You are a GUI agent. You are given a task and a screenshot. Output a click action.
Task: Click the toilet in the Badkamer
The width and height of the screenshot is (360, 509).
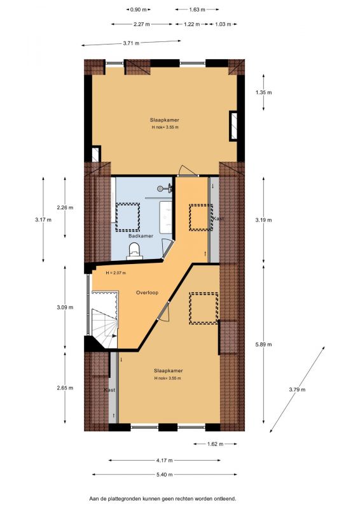[134, 251]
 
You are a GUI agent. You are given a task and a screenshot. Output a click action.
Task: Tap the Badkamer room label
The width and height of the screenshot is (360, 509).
[141, 236]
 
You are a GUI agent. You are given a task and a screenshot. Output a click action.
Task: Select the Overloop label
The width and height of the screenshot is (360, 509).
[147, 293]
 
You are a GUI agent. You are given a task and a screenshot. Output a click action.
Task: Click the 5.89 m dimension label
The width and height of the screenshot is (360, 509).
[263, 344]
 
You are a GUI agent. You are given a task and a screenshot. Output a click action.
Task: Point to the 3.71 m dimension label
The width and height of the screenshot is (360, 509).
[131, 43]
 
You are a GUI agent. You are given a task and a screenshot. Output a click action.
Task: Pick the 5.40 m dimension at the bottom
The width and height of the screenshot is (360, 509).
[164, 475]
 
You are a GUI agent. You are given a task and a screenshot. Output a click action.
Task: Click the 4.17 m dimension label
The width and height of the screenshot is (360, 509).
[164, 460]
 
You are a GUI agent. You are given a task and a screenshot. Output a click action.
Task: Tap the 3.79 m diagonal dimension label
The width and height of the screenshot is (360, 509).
[297, 389]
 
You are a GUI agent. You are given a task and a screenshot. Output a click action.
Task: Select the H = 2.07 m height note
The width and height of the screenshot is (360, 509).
[116, 273]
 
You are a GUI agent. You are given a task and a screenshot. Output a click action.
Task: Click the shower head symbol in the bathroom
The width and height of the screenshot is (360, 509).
[164, 188]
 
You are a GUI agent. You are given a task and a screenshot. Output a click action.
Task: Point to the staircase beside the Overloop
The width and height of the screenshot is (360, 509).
[104, 320]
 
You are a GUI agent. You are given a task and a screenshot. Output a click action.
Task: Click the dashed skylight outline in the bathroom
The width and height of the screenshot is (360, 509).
[128, 217]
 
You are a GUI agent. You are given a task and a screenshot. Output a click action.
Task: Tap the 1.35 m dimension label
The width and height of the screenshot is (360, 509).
[263, 92]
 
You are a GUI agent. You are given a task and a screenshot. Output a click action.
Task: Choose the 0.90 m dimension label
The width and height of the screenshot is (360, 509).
[138, 10]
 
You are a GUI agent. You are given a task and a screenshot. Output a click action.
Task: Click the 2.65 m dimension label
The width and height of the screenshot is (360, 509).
[65, 387]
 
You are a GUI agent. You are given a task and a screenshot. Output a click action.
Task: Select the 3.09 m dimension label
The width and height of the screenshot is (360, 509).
[65, 307]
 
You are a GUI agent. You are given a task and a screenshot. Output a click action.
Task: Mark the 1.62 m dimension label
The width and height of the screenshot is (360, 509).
[215, 444]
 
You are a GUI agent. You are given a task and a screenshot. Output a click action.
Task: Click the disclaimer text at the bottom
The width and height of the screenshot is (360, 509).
[163, 498]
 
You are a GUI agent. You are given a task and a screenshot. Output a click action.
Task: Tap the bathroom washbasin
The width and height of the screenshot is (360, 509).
[165, 217]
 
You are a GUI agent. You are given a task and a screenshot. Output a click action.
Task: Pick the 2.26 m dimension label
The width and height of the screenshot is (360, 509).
[65, 207]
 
